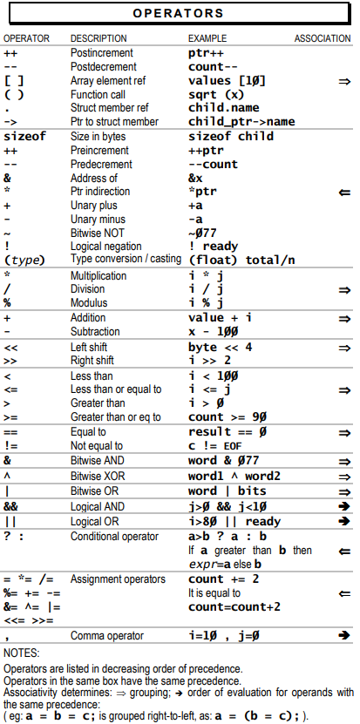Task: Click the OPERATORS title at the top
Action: tap(180, 15)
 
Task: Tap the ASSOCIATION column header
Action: tap(323, 39)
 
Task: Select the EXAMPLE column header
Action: tap(207, 39)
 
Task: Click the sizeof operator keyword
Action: tap(24, 137)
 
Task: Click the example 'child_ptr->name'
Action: tap(240, 122)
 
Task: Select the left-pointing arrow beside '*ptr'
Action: tap(344, 192)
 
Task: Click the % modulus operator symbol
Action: tap(7, 301)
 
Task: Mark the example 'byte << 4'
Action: tap(221, 347)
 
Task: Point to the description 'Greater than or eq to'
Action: tap(115, 417)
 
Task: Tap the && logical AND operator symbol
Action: tap(11, 506)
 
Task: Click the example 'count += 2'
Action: tap(223, 579)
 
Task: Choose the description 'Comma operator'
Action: tap(106, 636)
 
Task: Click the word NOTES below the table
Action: tap(21, 653)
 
